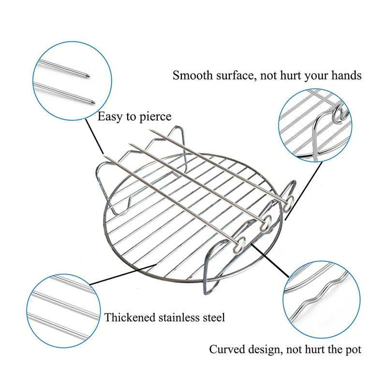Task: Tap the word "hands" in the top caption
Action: (347, 75)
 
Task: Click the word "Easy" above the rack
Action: (109, 117)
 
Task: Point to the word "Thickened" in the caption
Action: (128, 317)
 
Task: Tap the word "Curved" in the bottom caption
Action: (226, 349)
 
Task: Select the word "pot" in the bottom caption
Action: (352, 349)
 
